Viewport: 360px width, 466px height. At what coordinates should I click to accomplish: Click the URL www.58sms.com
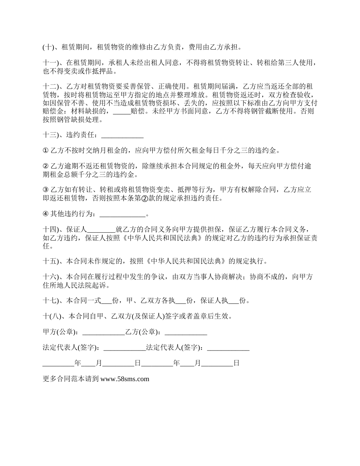(125, 378)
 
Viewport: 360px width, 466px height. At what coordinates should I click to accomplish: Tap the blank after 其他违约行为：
(122, 214)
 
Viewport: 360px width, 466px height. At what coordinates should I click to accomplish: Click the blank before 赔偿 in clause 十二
(122, 111)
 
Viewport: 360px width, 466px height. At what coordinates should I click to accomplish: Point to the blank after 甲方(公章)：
(103, 332)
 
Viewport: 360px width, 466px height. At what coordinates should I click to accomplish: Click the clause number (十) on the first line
(49, 48)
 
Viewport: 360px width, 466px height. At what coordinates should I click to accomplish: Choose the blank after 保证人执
(234, 301)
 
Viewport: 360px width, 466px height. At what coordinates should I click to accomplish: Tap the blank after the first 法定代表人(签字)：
(124, 347)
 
